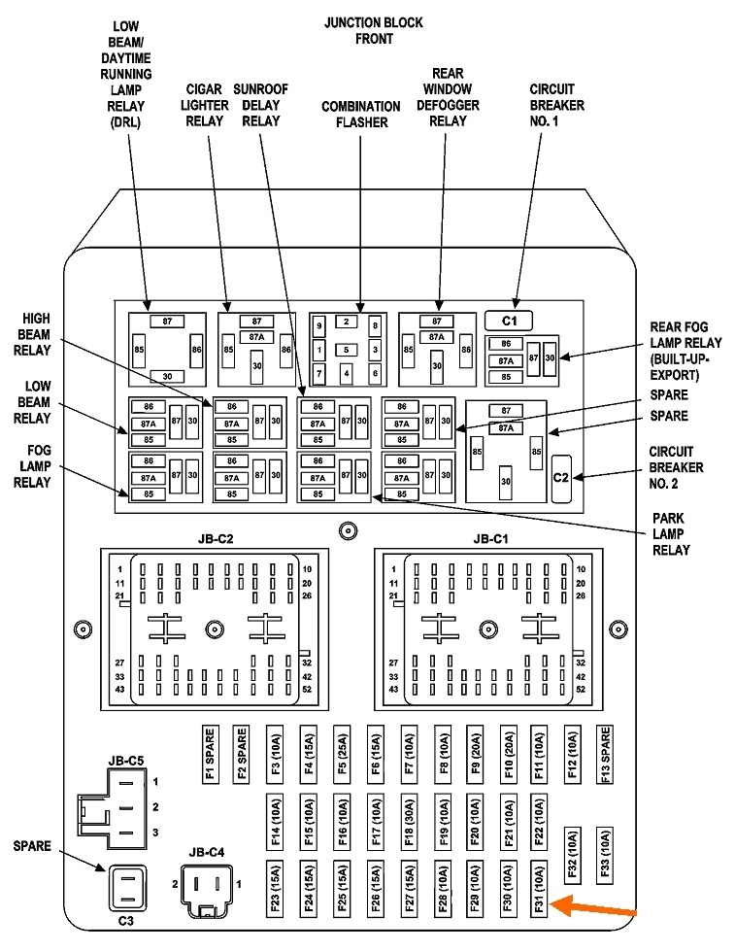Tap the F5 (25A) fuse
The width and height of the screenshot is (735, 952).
point(342,753)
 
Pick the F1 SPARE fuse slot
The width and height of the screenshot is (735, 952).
point(210,753)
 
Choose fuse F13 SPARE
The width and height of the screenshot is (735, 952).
point(605,753)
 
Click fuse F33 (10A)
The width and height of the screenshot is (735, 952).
point(605,854)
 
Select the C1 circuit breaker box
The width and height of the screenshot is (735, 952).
point(510,320)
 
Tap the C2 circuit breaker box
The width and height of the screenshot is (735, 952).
point(561,477)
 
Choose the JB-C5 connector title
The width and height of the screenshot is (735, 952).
point(125,760)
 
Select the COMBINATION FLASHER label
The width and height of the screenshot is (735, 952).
point(361,115)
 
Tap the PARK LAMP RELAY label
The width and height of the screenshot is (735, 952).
point(670,534)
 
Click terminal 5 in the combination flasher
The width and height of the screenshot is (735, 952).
point(347,350)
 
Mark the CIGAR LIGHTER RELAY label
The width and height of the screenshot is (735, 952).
point(207,105)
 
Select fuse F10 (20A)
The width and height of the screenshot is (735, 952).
point(508,753)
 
